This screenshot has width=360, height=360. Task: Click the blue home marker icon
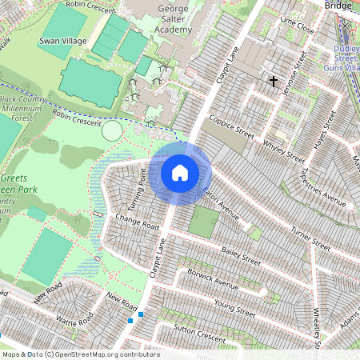(x=180, y=172)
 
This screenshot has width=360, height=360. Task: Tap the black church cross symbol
(x=274, y=81)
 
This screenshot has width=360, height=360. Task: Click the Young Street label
(x=235, y=309)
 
